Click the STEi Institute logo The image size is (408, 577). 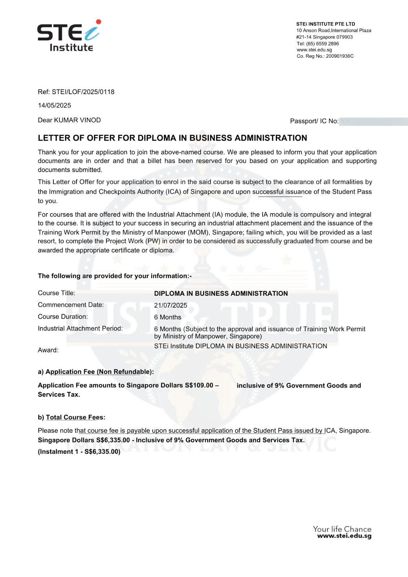[69, 36]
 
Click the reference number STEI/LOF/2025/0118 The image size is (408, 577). [83, 92]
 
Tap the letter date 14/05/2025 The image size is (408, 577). [54, 105]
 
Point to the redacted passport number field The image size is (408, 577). [373, 121]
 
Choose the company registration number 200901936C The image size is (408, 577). [340, 56]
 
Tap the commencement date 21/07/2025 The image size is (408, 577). [171, 305]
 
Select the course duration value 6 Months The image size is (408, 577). [168, 317]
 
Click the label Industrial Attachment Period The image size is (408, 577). [80, 329]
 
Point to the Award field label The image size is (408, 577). [48, 350]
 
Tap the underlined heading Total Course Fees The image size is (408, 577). [75, 418]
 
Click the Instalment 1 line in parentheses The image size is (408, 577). [79, 452]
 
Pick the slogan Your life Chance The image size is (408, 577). [342, 529]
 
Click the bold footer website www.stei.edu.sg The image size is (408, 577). [344, 536]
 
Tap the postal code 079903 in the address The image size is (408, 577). [345, 37]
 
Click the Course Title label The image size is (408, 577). [57, 293]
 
